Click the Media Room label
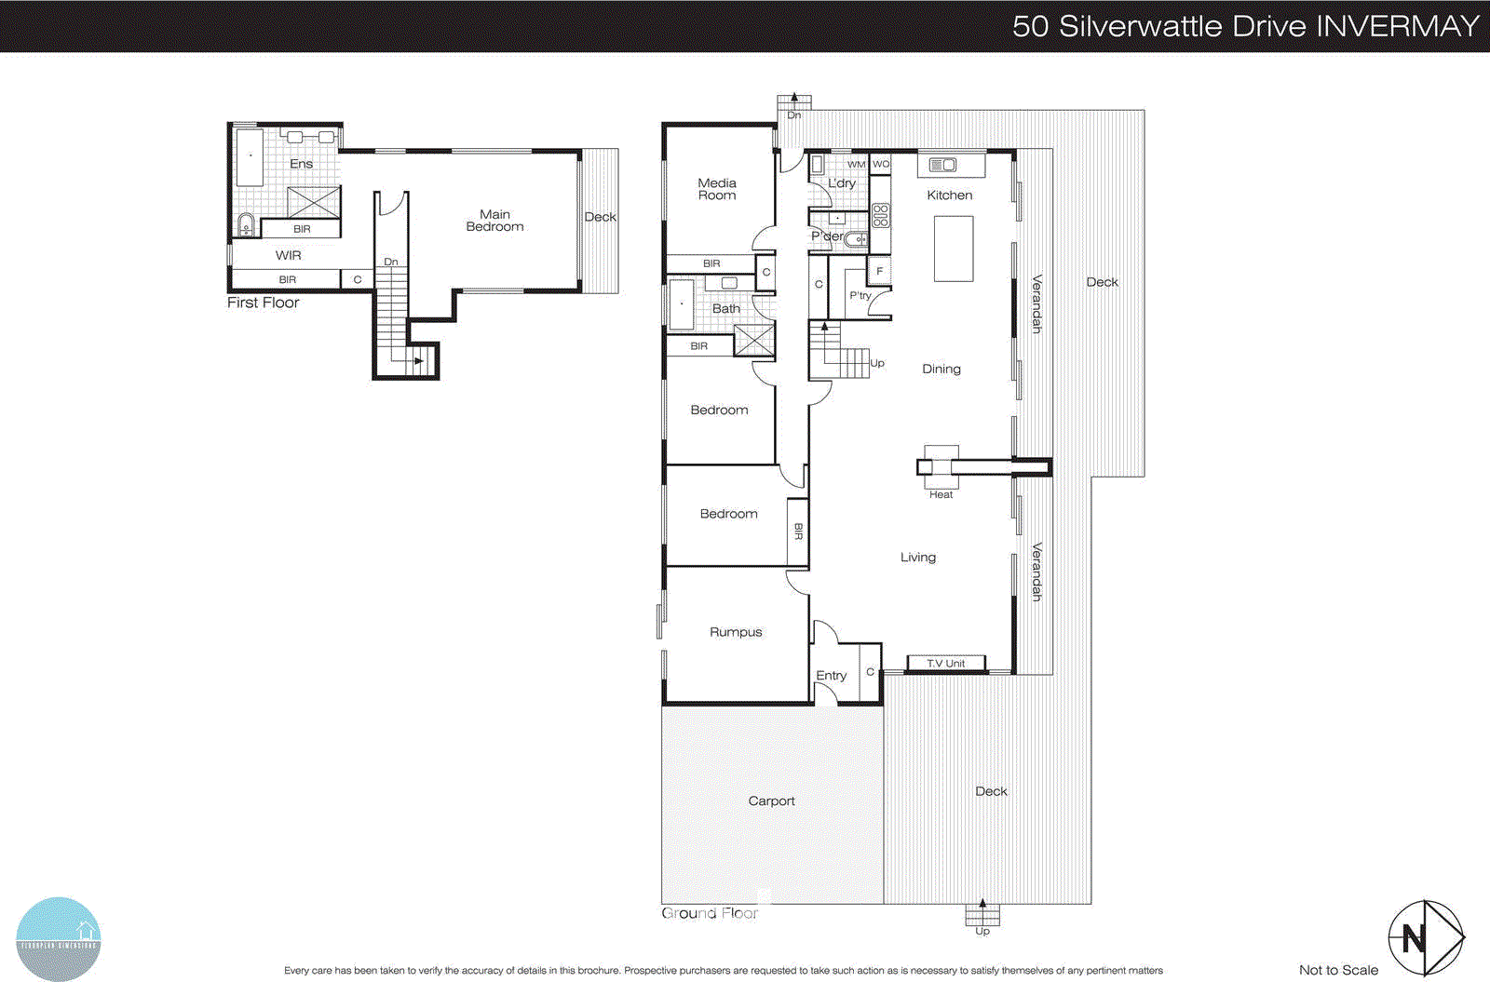point(716,189)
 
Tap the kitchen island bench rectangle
point(953,249)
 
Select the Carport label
point(771,800)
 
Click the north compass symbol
point(1425,937)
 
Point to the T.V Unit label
point(945,664)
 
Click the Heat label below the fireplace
point(941,494)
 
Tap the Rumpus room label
point(736,632)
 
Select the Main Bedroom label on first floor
point(494,221)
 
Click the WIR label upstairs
point(288,255)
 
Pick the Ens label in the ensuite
point(301,164)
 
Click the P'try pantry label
point(860,296)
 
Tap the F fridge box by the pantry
point(879,271)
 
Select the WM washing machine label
point(856,164)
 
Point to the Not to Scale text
point(1338,970)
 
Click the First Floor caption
point(264,303)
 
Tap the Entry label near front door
point(831,676)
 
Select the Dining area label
point(941,370)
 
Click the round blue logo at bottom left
point(58,938)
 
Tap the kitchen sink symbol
point(942,165)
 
